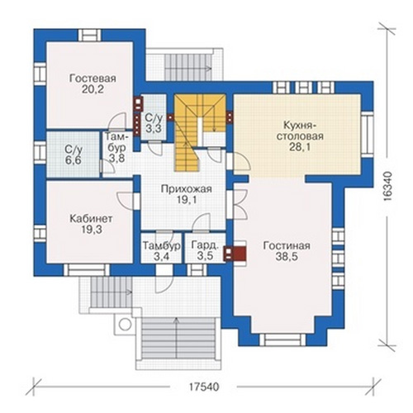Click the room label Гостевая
pos(93,78)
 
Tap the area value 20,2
pos(93,89)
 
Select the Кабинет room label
pos(91,219)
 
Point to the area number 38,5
pos(287,257)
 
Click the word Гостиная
pos(287,245)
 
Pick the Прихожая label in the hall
pos(187,189)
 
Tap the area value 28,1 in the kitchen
pos(300,147)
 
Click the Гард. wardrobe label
pos(206,245)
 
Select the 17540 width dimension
pos(204,387)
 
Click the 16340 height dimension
pos(387,187)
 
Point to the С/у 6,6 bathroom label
pos(74,154)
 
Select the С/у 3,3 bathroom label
pos(154,123)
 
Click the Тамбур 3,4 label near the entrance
pos(162,251)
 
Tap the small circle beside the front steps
pos(125,325)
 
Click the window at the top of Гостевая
pos(90,36)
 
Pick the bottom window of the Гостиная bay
pos(282,339)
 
